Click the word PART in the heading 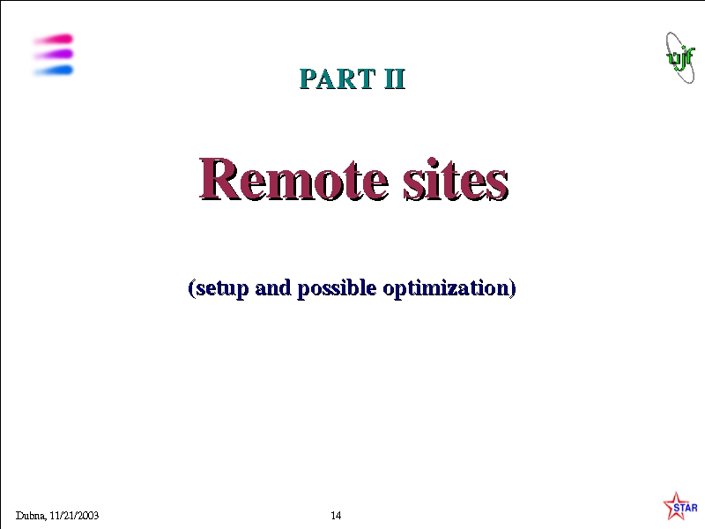click(338, 78)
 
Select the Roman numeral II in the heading click(395, 78)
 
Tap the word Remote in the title click(293, 179)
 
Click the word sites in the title click(456, 179)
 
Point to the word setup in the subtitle click(222, 288)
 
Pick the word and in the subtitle click(273, 287)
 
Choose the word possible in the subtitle click(337, 288)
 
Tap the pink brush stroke click(54, 40)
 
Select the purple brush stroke click(54, 55)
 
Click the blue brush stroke click(54, 71)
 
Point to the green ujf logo click(679, 58)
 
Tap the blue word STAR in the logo click(686, 508)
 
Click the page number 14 click(336, 516)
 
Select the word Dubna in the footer click(31, 516)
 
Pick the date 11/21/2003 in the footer click(74, 516)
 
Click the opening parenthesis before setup click(191, 288)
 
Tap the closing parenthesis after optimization click(513, 288)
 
